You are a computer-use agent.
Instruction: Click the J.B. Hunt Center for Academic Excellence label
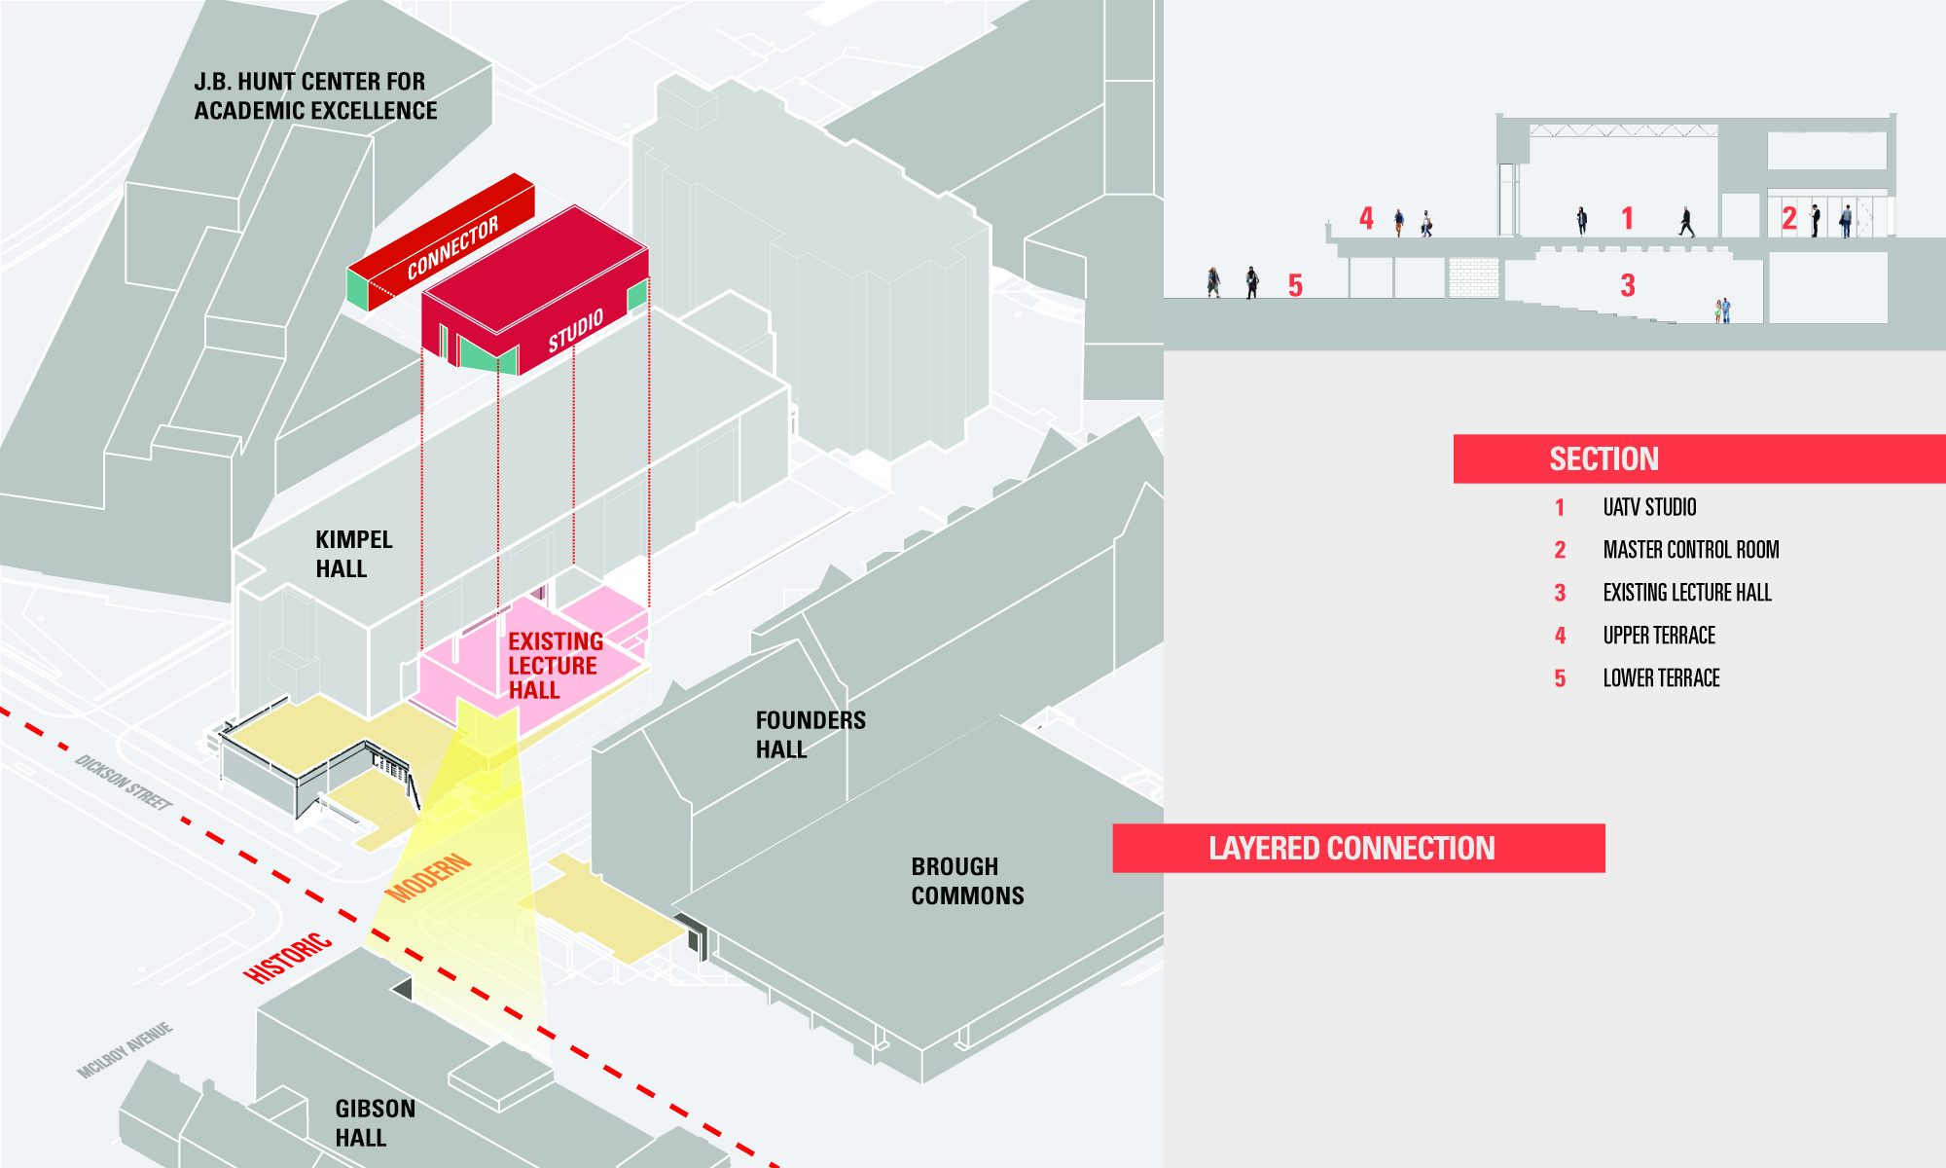click(315, 95)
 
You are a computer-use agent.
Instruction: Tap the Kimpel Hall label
click(353, 554)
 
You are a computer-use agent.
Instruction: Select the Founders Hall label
click(811, 734)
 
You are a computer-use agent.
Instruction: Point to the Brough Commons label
click(967, 881)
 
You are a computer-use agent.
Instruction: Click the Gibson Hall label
click(375, 1122)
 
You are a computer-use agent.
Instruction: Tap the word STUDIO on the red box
click(575, 331)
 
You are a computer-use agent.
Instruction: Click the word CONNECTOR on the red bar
click(452, 247)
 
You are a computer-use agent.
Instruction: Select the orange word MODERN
click(428, 878)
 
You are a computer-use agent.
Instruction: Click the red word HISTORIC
click(288, 958)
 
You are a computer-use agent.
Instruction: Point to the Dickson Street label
click(124, 783)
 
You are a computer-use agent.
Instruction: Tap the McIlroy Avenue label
click(126, 1050)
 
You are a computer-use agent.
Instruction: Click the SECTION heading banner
click(1699, 458)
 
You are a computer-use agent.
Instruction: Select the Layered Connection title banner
click(1358, 848)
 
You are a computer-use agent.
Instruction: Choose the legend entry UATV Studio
click(1649, 507)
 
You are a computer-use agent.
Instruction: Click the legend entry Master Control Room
click(1691, 550)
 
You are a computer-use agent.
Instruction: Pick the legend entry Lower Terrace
click(1661, 678)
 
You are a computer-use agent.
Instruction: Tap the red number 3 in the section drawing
click(1628, 285)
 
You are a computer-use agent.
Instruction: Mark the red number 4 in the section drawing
click(1366, 218)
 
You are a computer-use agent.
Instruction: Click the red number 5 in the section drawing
click(1295, 285)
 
